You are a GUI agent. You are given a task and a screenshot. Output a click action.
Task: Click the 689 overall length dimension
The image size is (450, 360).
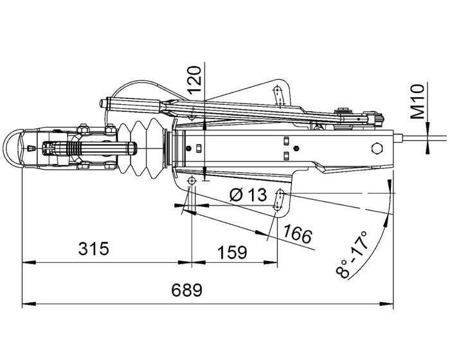pyautogui.click(x=186, y=290)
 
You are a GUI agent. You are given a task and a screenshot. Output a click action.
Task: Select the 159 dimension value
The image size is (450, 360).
pyautogui.click(x=232, y=252)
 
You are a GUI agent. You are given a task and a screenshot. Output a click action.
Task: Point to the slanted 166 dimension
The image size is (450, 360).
pyautogui.click(x=296, y=235)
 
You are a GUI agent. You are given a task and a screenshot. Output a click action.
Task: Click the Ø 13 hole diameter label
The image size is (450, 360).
pyautogui.click(x=248, y=194)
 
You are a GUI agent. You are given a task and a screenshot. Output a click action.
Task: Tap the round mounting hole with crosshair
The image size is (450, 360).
pyautogui.click(x=191, y=183)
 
